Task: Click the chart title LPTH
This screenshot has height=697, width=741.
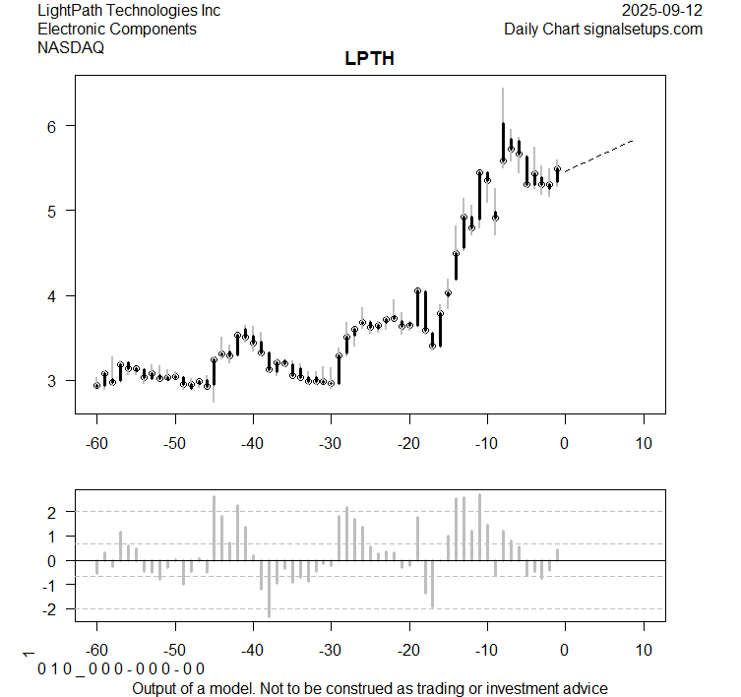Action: [x=370, y=58]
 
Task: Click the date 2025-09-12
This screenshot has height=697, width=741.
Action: [x=663, y=11]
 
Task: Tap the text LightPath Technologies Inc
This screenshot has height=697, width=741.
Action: [x=129, y=11]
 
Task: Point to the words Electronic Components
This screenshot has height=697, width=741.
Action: [x=117, y=30]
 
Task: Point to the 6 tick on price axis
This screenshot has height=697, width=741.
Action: [x=56, y=126]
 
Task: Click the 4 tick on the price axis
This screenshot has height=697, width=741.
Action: [x=56, y=295]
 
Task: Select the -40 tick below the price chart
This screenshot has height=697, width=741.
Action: [x=253, y=444]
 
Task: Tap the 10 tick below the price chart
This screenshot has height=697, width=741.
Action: [x=644, y=444]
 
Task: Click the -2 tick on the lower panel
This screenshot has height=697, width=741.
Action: [x=54, y=609]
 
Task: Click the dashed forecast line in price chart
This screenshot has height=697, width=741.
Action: [x=600, y=156]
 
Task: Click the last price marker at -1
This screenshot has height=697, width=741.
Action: [x=557, y=169]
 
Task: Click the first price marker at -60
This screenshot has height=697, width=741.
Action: [x=96, y=386]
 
